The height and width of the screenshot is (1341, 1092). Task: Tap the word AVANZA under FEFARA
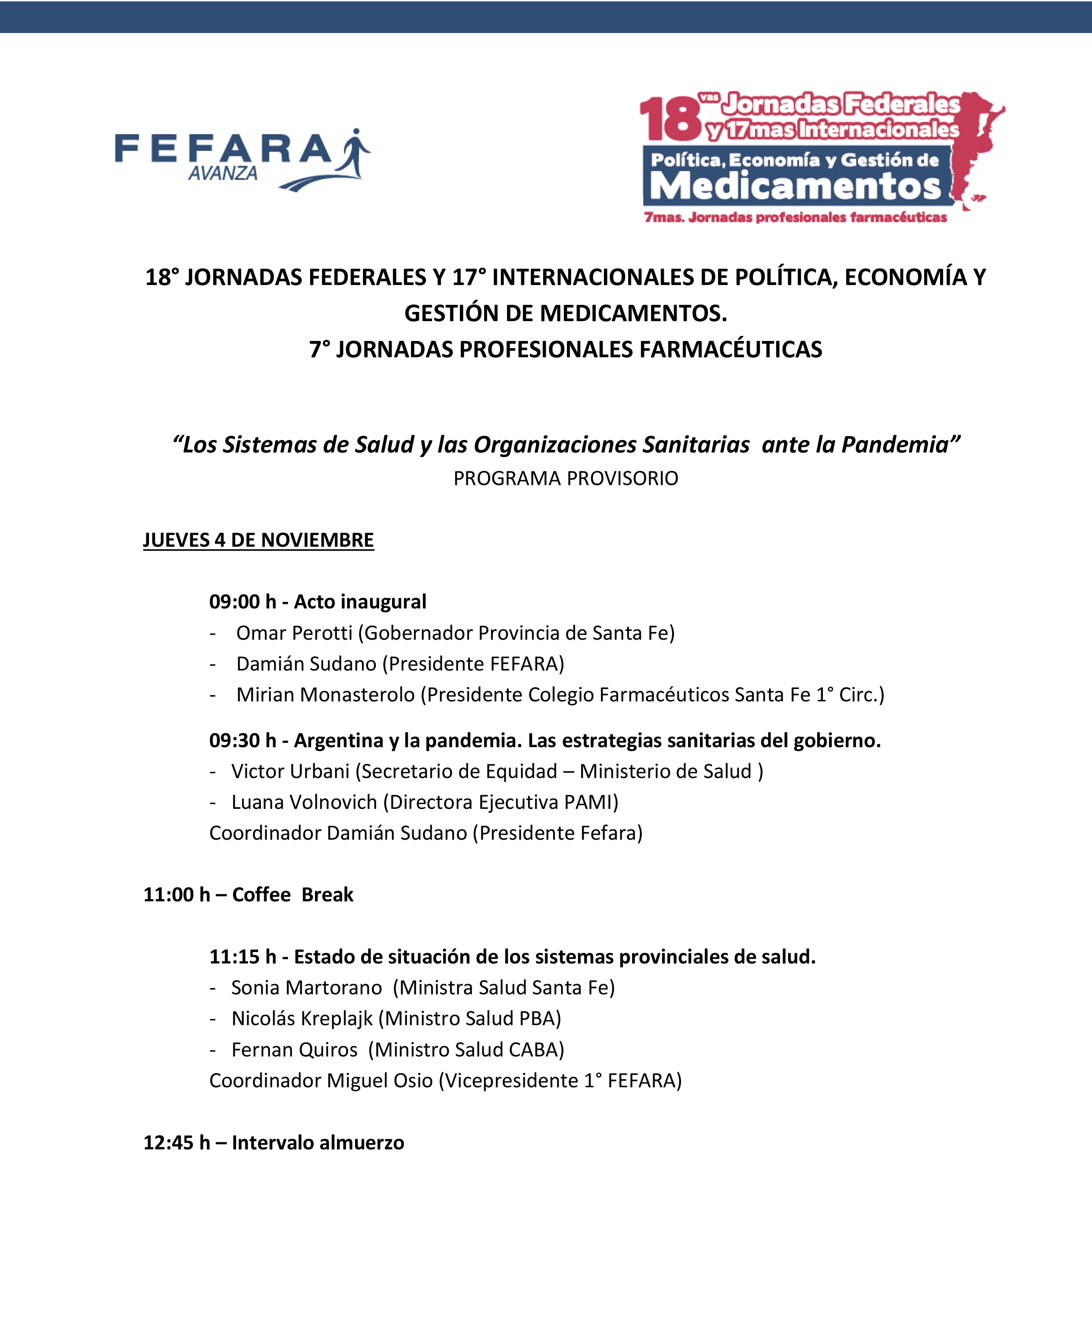pos(223,174)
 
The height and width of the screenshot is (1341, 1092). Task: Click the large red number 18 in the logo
pos(670,119)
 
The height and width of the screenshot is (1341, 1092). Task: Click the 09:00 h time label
pos(242,602)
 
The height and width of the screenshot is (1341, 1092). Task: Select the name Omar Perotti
pos(294,633)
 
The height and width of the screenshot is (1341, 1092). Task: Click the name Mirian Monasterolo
pos(325,694)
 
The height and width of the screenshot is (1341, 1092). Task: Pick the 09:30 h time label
pos(242,740)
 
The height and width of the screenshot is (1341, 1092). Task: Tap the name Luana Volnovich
pos(304,802)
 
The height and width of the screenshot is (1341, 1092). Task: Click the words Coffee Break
pos(292,894)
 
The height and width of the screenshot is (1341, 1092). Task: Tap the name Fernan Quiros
pos(294,1049)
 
